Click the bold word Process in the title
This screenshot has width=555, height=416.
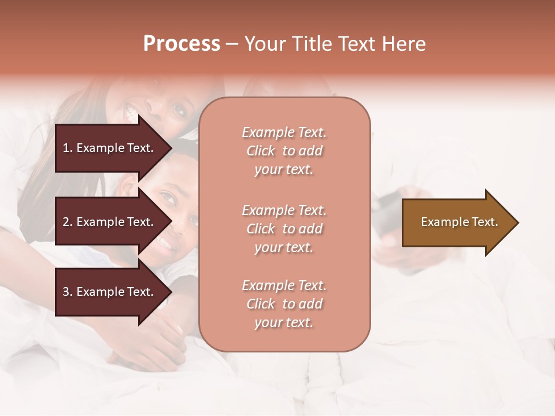click(182, 44)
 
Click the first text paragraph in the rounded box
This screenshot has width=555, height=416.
click(284, 151)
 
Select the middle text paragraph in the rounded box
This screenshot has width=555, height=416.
click(284, 229)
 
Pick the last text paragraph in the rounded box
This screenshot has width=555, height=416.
click(284, 304)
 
